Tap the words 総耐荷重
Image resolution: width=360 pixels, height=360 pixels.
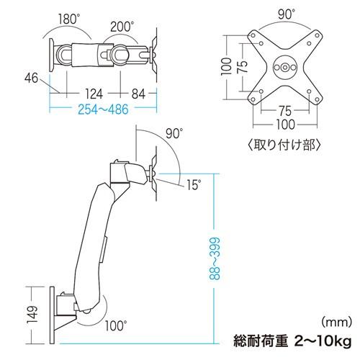tap(261, 338)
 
